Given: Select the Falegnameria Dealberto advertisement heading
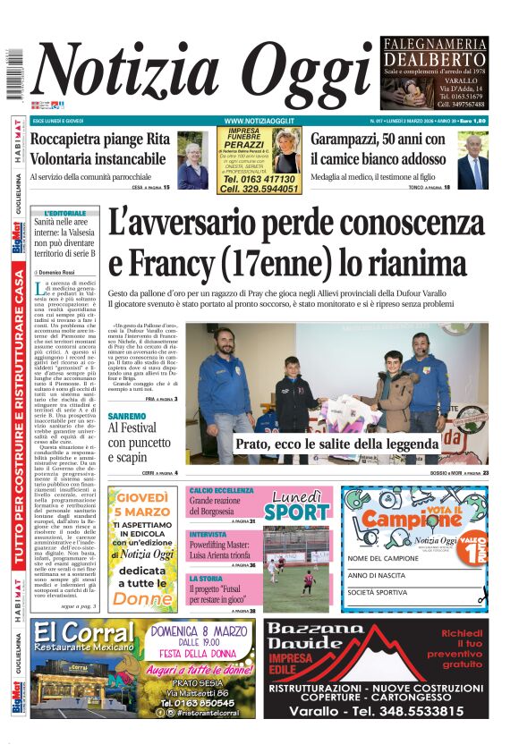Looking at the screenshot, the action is pyautogui.click(x=434, y=53).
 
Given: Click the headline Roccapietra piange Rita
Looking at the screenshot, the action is pyautogui.click(x=100, y=140).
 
